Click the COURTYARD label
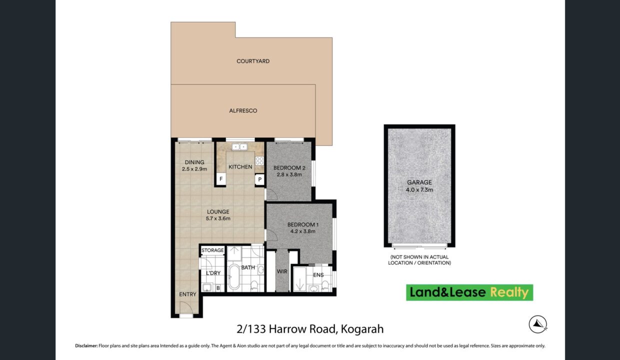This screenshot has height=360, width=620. [x=253, y=61]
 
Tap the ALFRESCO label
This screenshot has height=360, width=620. [x=243, y=110]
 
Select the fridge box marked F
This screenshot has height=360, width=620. [x=221, y=179]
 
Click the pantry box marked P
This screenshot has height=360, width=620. [x=259, y=179]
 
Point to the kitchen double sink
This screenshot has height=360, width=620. [x=239, y=146]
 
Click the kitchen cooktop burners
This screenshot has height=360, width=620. [x=259, y=160]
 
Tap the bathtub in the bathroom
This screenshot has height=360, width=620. [x=234, y=277]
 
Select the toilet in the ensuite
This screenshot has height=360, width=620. [x=325, y=285]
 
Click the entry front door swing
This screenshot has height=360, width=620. [x=185, y=307]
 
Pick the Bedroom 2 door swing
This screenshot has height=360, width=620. [x=271, y=194]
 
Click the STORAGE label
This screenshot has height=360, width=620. [x=212, y=250]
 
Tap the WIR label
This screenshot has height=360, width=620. [x=282, y=271]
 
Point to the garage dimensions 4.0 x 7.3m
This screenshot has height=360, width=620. [x=419, y=190]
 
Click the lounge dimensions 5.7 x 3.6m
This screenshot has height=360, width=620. [x=218, y=218]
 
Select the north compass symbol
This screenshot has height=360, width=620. [x=538, y=324]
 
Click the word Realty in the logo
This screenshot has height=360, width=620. [x=509, y=292]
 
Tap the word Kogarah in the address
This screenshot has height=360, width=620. [x=362, y=329]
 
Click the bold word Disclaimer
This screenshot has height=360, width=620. [x=86, y=345]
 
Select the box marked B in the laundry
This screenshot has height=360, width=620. [x=218, y=288]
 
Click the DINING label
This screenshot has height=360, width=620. [x=194, y=162]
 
